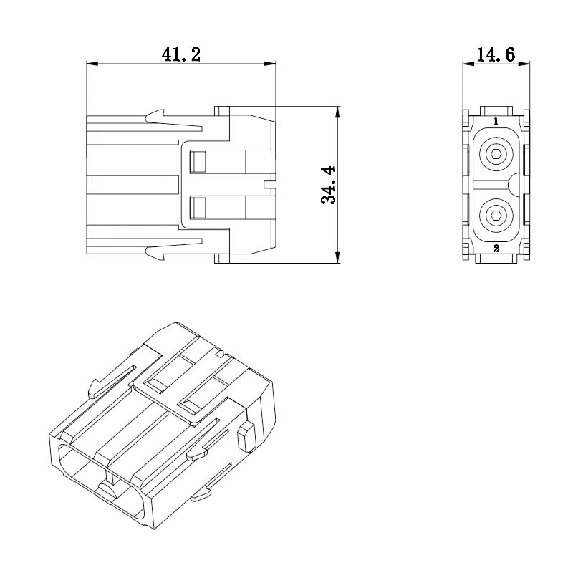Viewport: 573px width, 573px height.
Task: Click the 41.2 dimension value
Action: click(x=181, y=54)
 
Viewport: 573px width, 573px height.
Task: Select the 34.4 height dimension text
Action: click(x=328, y=185)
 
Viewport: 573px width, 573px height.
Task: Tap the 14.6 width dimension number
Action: click(x=496, y=54)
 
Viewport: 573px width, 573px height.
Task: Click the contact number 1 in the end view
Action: click(x=496, y=121)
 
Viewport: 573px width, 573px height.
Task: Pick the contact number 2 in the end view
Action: click(x=496, y=249)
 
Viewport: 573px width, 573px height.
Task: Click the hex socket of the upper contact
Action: click(x=496, y=154)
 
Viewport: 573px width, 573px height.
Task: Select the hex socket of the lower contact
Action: click(x=496, y=216)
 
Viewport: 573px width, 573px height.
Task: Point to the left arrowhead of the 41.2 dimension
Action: click(x=92, y=64)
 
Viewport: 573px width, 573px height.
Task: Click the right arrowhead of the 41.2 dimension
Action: click(x=270, y=64)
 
